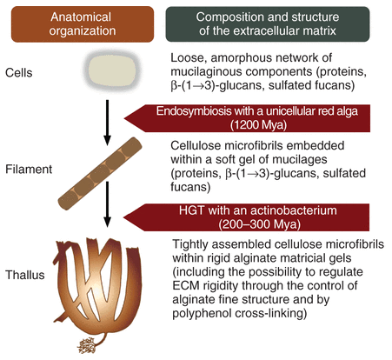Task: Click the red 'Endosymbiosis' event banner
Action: [260, 119]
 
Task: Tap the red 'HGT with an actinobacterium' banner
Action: [260, 215]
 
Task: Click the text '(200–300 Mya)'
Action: [265, 223]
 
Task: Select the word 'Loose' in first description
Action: [187, 56]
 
